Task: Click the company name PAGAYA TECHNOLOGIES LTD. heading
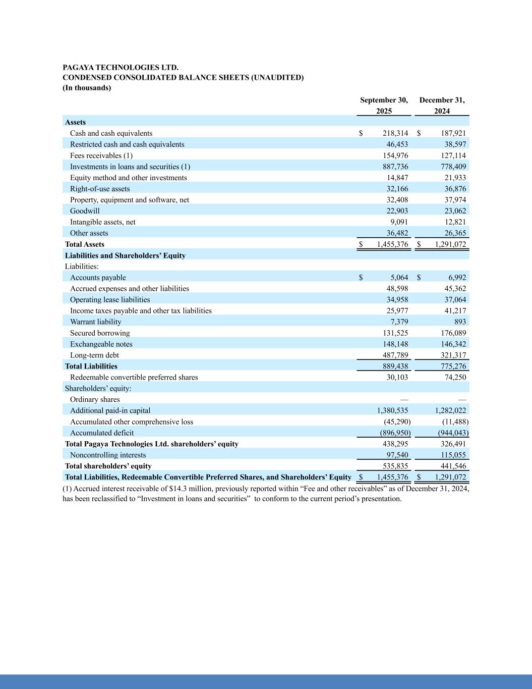tap(120, 67)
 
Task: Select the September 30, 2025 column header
tap(384, 105)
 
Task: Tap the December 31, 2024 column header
tap(442, 105)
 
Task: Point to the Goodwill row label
tap(85, 211)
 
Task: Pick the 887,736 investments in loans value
tap(395, 167)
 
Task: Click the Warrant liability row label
tap(95, 322)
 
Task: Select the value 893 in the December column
tap(459, 322)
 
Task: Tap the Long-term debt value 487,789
tap(395, 355)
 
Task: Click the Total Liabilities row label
tap(91, 366)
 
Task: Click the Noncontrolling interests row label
tap(108, 455)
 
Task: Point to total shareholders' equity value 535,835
tap(395, 466)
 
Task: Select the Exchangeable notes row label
tap(101, 344)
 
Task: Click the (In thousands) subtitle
tap(87, 88)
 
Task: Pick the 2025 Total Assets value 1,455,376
tap(392, 244)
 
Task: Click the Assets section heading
tap(75, 122)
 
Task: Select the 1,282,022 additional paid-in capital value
tap(450, 411)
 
